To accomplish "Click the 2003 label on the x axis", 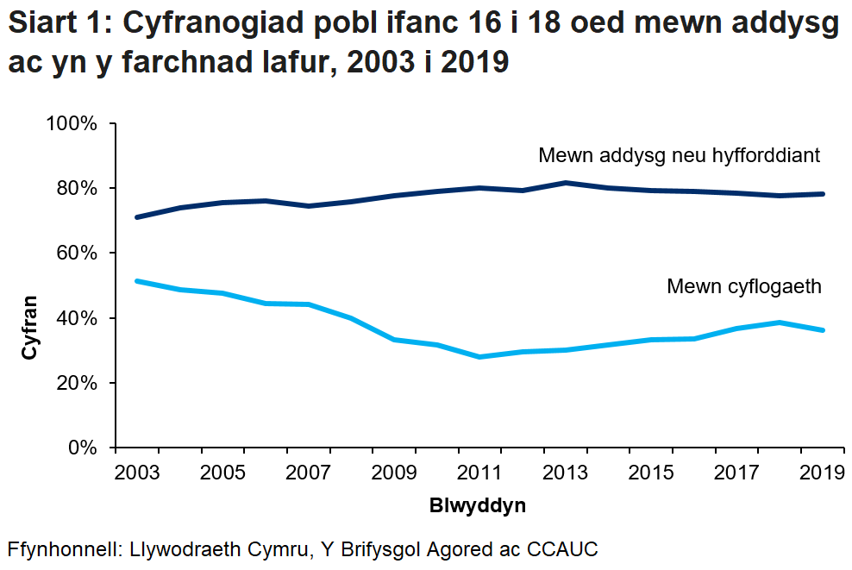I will [136, 473].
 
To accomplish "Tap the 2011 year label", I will [479, 473].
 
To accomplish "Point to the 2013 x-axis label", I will [566, 473].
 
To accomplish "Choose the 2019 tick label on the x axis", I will [823, 473].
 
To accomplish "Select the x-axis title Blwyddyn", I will [477, 506].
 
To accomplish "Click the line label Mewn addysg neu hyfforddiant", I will [678, 156].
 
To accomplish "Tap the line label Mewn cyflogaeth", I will [744, 287].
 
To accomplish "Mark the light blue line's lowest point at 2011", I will [479, 357].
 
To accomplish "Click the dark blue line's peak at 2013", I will [566, 183].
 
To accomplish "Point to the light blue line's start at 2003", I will [137, 281].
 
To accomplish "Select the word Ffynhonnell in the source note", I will [63, 549].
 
